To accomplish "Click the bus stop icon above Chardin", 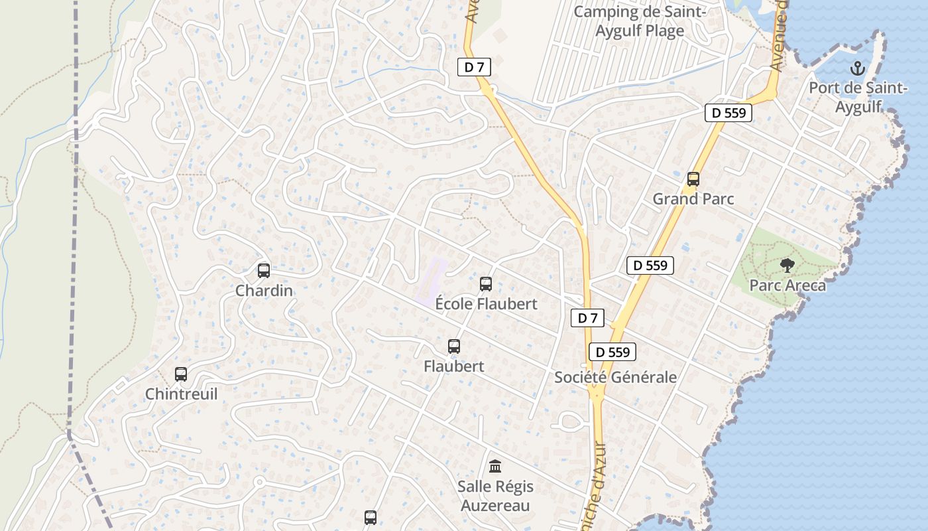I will click(264, 270).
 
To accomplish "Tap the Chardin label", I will click(264, 291).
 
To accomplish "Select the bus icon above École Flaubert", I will click(486, 284).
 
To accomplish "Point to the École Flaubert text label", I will click(486, 304).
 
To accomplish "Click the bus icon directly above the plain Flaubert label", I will click(454, 346).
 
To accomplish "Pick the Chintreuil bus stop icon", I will click(181, 374).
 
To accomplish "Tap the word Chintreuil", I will click(181, 394).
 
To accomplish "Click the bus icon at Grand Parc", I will click(693, 179).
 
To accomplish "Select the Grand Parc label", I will click(693, 198).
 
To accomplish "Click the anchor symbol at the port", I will click(858, 68).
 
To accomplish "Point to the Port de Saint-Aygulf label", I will click(858, 98).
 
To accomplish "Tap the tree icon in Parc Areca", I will click(787, 265).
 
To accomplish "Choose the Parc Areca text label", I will click(787, 285).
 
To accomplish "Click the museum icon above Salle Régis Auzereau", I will click(495, 466).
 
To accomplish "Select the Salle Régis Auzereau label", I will click(495, 496).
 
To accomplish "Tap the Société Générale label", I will click(615, 377).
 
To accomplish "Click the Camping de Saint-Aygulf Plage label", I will click(640, 21).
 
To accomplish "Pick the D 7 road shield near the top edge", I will click(474, 66).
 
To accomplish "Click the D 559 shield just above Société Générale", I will click(612, 352).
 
